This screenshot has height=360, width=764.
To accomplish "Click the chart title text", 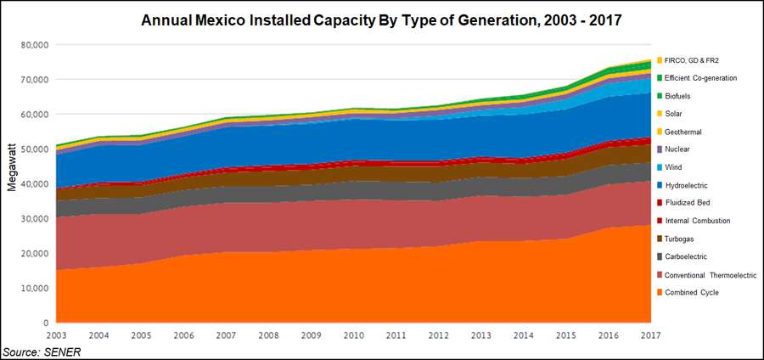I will pos(381,19).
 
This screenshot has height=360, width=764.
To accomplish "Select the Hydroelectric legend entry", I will pos(698,185).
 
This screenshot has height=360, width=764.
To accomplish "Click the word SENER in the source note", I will pos(62,352).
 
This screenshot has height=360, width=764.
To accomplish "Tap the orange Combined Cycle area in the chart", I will pos(340,289).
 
